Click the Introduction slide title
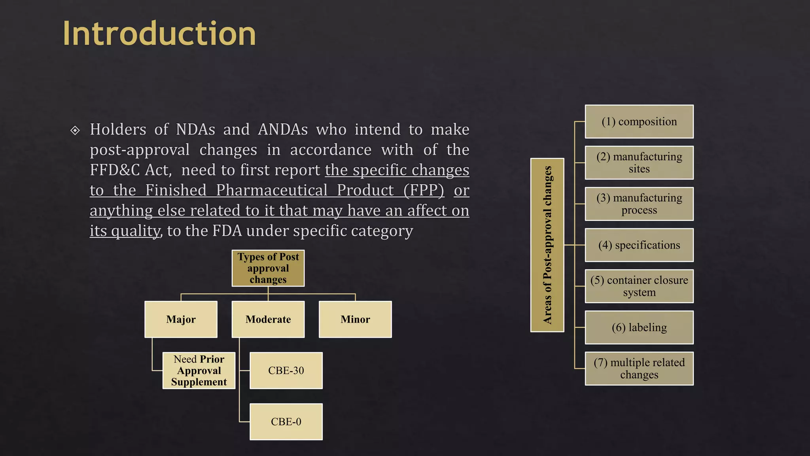pyautogui.click(x=159, y=33)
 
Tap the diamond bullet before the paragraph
pyautogui.click(x=75, y=130)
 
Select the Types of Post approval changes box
pyautogui.click(x=268, y=268)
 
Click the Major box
pyautogui.click(x=181, y=319)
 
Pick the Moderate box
pyautogui.click(x=268, y=319)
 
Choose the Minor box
pyautogui.click(x=355, y=319)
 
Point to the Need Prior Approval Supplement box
pyautogui.click(x=199, y=370)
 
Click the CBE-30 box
pyautogui.click(x=286, y=370)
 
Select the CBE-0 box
pyautogui.click(x=286, y=422)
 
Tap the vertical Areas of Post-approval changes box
pyautogui.click(x=547, y=245)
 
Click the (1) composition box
pyautogui.click(x=639, y=122)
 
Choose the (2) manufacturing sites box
pyautogui.click(x=639, y=163)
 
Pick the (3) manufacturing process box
pyautogui.click(x=639, y=204)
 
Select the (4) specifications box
pyautogui.click(x=639, y=245)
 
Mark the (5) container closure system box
pyautogui.click(x=639, y=286)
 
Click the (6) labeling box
pyautogui.click(x=639, y=327)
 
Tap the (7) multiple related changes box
pyautogui.click(x=639, y=369)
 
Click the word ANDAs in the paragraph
pyautogui.click(x=283, y=129)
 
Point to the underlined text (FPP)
pyautogui.click(x=424, y=190)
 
